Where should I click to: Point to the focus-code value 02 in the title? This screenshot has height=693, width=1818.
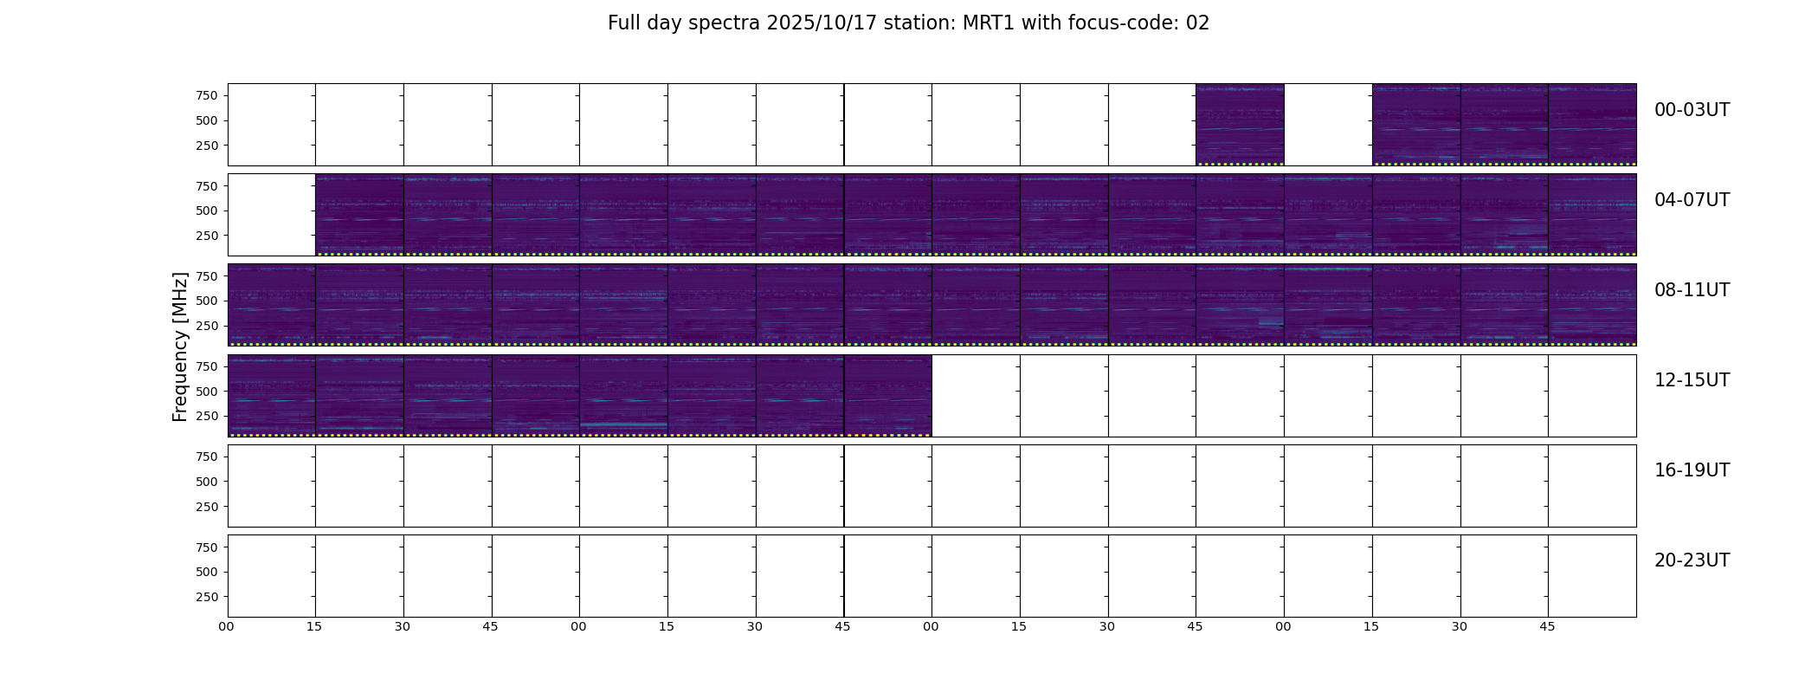[1197, 23]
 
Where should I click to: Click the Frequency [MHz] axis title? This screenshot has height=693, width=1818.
[180, 346]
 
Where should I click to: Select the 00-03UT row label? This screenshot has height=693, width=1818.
[1692, 110]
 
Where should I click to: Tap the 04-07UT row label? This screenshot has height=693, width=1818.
[1692, 200]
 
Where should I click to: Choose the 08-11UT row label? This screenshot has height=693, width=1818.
[1692, 290]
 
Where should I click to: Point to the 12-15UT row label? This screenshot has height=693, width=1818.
[1692, 380]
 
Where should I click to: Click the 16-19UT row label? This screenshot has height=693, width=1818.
[1692, 470]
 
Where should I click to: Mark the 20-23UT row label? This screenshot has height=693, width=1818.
[1692, 560]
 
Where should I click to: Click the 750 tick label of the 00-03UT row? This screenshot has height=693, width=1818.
[207, 95]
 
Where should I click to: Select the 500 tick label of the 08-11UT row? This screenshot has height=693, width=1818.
[207, 301]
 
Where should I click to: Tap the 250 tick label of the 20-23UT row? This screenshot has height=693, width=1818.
[207, 597]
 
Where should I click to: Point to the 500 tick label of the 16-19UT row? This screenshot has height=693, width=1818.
[207, 482]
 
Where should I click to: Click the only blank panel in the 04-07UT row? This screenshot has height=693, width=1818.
[272, 215]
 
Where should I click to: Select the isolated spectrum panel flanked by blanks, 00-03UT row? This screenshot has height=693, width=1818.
[1240, 125]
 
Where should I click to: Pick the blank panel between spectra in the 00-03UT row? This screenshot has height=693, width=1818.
[1328, 125]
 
